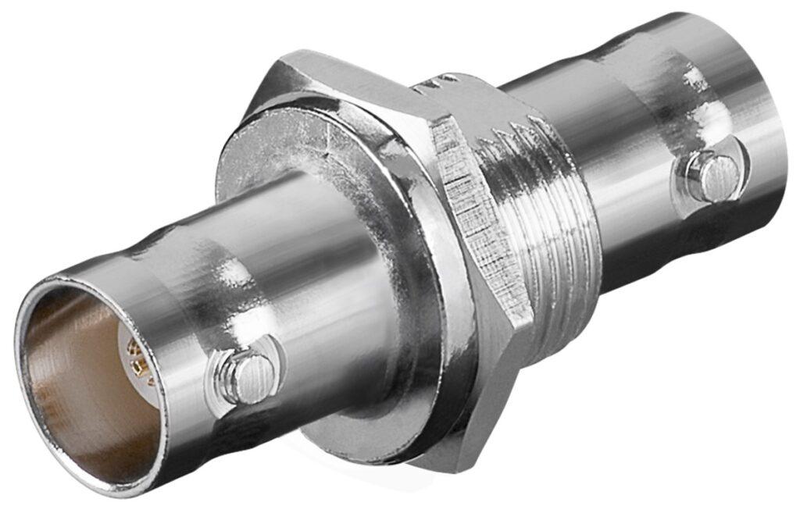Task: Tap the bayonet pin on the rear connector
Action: click(712, 176)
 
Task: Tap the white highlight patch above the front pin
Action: click(234, 273)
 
